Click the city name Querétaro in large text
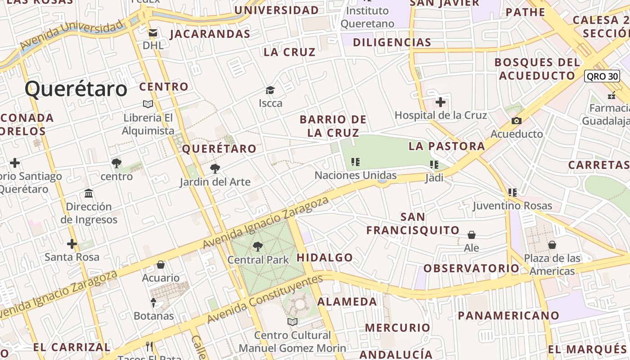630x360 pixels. [76, 89]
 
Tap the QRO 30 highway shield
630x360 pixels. [602, 76]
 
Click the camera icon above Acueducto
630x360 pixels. [517, 121]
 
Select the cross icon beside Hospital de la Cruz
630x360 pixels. [441, 102]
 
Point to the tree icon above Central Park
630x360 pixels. [258, 246]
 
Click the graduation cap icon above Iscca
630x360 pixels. [270, 90]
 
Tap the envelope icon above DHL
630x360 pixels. [153, 32]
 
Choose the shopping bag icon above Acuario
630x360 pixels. [161, 265]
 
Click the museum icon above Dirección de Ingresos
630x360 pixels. [89, 193]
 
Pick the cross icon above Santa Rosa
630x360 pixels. [72, 244]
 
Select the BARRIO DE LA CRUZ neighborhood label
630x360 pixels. [333, 126]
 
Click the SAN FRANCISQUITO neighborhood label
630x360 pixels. [413, 224]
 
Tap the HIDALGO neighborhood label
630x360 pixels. [325, 258]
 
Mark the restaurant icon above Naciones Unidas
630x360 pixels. [355, 162]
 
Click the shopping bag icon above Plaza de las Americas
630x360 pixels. [552, 245]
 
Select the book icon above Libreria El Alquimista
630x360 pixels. [148, 104]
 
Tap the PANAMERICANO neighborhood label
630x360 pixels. [508, 315]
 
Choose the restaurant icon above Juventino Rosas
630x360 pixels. [512, 193]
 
